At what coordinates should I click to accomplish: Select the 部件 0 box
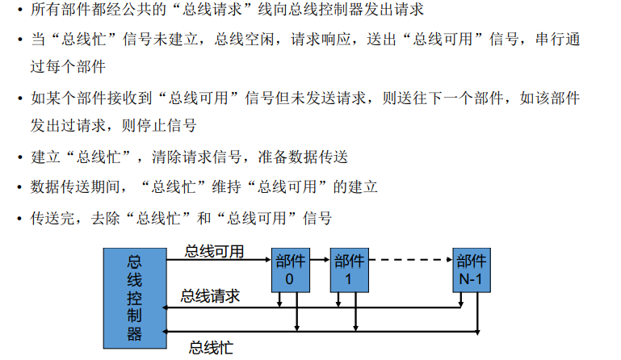(291, 269)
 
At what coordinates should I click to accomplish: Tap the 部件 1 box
(350, 269)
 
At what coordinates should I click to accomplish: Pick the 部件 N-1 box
(472, 269)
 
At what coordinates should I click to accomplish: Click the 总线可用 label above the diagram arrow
(214, 251)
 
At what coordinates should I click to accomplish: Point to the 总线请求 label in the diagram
(210, 296)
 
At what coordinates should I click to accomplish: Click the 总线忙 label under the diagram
(211, 348)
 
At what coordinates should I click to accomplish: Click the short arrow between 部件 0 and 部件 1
(321, 260)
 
